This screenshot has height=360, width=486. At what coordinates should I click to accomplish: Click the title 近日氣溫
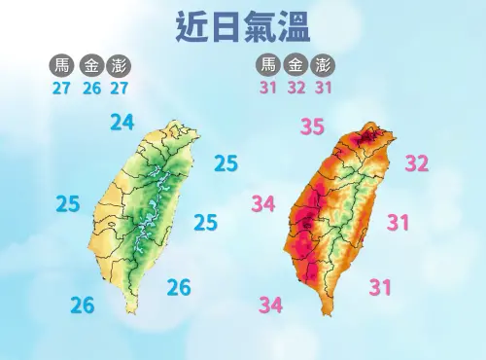[x=243, y=26]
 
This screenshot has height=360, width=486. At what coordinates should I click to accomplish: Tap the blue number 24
[x=123, y=123]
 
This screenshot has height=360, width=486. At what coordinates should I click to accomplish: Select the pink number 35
[x=312, y=126]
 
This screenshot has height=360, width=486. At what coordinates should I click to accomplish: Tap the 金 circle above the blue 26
[x=91, y=66]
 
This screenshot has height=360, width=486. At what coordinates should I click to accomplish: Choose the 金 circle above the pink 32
[x=296, y=66]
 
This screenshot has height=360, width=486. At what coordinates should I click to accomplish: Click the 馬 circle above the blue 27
[x=63, y=66]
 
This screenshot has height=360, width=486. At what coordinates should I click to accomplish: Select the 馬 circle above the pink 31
[x=268, y=66]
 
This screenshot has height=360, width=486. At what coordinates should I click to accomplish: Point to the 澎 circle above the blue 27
[x=121, y=66]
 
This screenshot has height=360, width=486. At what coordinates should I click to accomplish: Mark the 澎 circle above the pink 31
[x=325, y=66]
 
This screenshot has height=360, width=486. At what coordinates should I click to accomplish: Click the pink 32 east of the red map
[x=417, y=163]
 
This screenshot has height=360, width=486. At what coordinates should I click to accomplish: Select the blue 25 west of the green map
[x=68, y=204]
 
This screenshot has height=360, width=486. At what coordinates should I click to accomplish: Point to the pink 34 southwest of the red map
[x=270, y=306]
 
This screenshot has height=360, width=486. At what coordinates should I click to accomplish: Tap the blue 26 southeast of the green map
[x=179, y=287]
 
